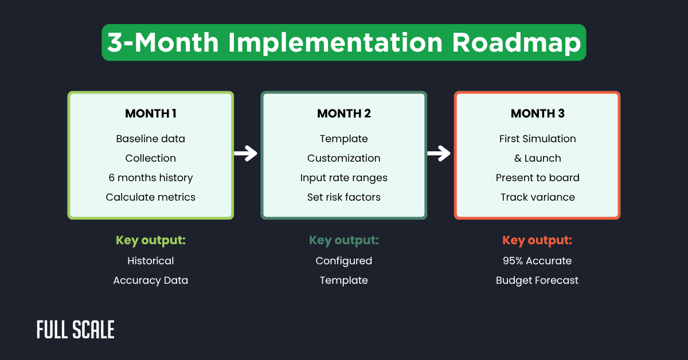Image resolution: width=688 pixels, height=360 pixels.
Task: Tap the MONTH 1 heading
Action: [x=150, y=114]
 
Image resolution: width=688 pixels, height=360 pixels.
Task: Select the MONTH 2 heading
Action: [x=343, y=114]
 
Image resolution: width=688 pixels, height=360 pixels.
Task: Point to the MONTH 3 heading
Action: [x=537, y=114]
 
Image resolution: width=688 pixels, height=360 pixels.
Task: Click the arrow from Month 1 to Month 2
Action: [x=246, y=154]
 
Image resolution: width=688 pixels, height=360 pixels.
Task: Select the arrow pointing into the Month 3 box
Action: [x=439, y=154]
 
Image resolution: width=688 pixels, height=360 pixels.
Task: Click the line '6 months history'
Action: [x=150, y=178]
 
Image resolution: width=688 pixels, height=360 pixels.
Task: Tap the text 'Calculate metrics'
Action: [x=150, y=197]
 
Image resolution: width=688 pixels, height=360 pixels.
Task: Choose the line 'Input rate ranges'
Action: [x=343, y=178]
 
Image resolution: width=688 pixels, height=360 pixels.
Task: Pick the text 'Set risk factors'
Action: [x=343, y=197]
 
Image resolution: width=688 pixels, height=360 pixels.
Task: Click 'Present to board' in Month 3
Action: [x=537, y=178]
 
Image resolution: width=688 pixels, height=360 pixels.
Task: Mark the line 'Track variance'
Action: [x=537, y=197]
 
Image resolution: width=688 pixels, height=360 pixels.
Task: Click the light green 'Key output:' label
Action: [x=150, y=240]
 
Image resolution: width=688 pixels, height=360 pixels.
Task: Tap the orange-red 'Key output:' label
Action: [x=537, y=240]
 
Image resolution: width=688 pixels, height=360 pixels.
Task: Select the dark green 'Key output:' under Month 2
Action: [x=343, y=240]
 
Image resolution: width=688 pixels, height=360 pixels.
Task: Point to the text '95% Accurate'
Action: [x=537, y=261]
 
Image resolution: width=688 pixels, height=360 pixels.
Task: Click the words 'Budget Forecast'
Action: [x=537, y=280]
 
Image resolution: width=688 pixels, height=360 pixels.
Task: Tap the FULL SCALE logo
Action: [x=75, y=330]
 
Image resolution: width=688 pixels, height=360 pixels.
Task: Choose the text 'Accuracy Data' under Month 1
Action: [x=150, y=280]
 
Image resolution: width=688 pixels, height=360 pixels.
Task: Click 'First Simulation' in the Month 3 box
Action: [x=537, y=139]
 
